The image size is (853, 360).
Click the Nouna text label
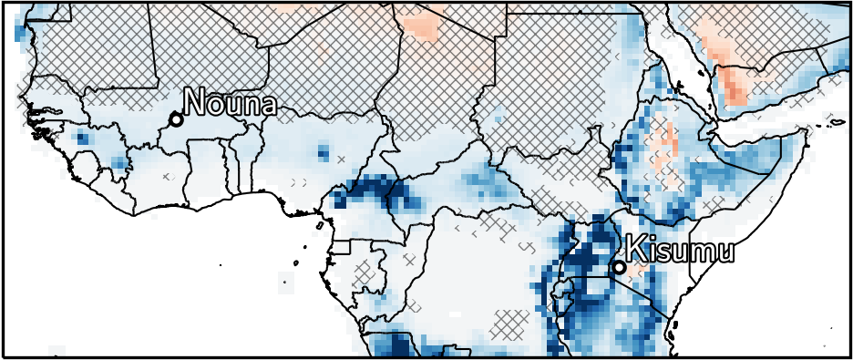(230, 102)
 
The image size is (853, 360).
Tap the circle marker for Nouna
(176, 119)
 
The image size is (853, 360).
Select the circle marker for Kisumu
(619, 267)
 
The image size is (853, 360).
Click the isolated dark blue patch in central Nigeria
(322, 149)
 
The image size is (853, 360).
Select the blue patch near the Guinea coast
(83, 138)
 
